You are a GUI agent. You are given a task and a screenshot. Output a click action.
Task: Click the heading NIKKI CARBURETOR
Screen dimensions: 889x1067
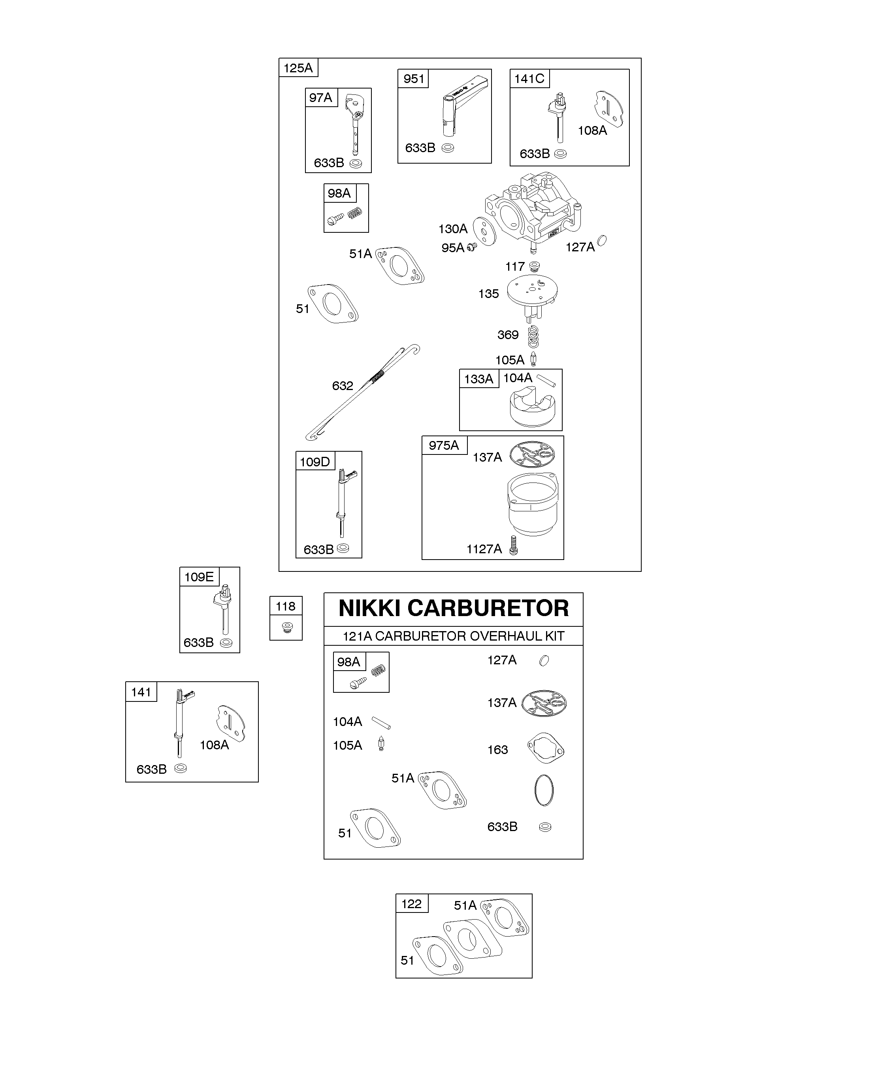click(453, 608)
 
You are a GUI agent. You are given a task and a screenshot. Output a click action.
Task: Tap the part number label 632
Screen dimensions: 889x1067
click(343, 386)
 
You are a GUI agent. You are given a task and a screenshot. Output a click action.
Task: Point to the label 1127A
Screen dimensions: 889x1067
click(484, 549)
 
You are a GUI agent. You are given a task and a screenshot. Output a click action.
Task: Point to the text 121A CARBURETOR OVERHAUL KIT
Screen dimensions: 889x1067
click(453, 636)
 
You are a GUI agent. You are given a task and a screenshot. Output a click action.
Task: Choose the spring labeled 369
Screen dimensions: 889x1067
click(532, 336)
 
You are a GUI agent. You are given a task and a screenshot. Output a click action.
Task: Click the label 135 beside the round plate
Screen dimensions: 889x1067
click(488, 294)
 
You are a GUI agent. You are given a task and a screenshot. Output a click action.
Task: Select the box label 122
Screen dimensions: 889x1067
click(411, 904)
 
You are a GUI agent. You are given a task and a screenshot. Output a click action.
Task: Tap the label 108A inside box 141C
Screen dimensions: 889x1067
click(592, 130)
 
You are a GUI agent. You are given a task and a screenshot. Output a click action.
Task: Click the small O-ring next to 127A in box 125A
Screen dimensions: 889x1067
click(602, 240)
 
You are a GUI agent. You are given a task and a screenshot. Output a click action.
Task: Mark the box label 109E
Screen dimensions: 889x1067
click(199, 577)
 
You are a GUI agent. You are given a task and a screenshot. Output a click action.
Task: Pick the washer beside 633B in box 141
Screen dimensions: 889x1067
click(180, 768)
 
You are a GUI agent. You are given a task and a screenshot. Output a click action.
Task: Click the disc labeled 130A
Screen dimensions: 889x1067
click(484, 232)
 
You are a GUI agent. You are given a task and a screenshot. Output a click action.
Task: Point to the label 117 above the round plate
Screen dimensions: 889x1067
click(514, 266)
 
